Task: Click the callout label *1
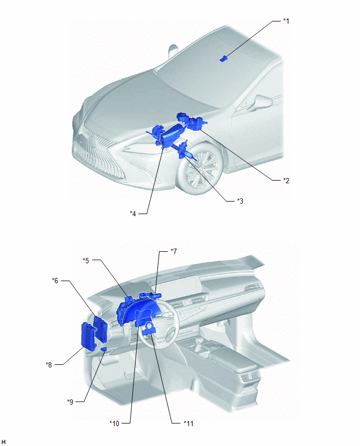tap(286, 21)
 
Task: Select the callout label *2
tap(286, 180)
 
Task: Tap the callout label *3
tap(240, 201)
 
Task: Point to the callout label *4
tap(133, 214)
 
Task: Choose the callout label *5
tap(86, 260)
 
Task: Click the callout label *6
tap(55, 281)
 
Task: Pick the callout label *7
tap(174, 251)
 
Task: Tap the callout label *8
tap(49, 364)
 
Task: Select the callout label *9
tap(70, 402)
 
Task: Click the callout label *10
tap(114, 423)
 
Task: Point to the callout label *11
tap(188, 423)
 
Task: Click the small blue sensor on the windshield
tap(224, 58)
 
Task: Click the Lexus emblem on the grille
tap(93, 142)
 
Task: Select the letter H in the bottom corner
tap(4, 442)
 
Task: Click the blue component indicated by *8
tap(89, 337)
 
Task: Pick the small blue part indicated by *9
tap(104, 349)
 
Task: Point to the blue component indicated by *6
tap(101, 329)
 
